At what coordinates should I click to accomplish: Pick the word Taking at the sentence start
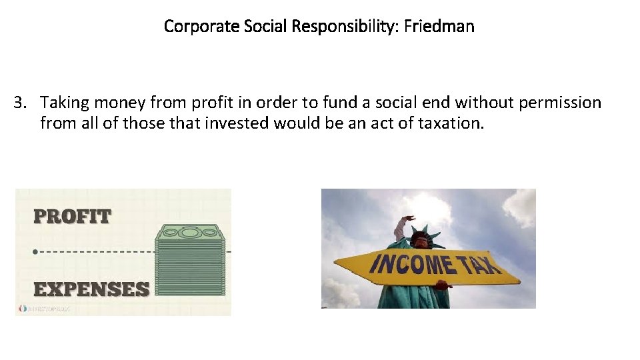65,103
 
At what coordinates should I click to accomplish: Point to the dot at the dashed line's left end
35,252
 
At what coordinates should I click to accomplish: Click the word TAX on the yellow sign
480,266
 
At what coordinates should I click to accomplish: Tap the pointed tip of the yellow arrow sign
519,278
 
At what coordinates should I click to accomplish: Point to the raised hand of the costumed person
407,219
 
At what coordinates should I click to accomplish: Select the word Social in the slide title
269,27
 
